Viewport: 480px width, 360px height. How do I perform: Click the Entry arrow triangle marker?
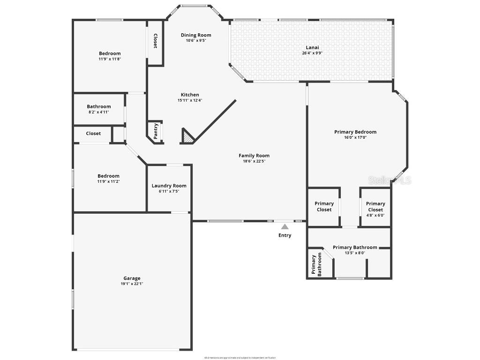285,227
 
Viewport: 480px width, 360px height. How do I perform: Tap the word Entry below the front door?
285,235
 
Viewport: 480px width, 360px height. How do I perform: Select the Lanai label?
312,47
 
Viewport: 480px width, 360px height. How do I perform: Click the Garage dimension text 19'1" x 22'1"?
132,284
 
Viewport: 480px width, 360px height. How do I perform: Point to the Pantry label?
156,131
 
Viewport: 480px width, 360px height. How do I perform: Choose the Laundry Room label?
169,186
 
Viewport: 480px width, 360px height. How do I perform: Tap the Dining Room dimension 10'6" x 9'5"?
196,40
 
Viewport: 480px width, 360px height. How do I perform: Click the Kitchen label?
190,95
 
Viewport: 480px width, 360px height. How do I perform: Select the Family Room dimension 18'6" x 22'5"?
254,161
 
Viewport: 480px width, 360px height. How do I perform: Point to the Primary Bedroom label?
355,132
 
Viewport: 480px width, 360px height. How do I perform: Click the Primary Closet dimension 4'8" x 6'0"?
375,216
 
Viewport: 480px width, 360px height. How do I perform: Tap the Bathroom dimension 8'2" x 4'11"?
99,112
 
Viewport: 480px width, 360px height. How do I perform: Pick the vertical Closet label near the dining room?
155,41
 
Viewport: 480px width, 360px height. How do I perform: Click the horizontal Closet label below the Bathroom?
93,134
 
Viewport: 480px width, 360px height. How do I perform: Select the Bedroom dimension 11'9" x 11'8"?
110,59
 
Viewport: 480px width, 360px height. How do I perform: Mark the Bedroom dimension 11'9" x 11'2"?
109,181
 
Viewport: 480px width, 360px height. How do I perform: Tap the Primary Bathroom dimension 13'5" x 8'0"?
355,253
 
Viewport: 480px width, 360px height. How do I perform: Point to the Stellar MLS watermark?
390,180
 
